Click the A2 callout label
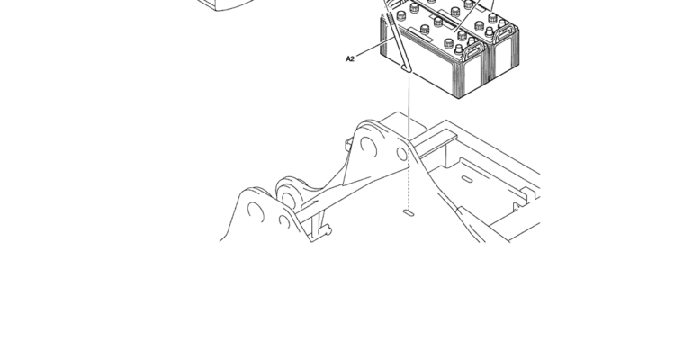(350, 58)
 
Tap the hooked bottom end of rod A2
(407, 68)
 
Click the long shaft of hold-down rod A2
(398, 40)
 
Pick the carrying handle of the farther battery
(506, 32)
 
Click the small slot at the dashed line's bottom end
(409, 212)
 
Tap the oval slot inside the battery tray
(467, 178)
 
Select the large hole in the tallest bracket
(368, 147)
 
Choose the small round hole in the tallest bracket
(402, 154)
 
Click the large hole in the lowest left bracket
(256, 211)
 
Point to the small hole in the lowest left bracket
(284, 221)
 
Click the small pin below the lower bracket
(328, 230)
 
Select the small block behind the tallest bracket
(348, 144)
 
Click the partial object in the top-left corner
(227, 4)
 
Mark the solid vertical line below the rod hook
(409, 106)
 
